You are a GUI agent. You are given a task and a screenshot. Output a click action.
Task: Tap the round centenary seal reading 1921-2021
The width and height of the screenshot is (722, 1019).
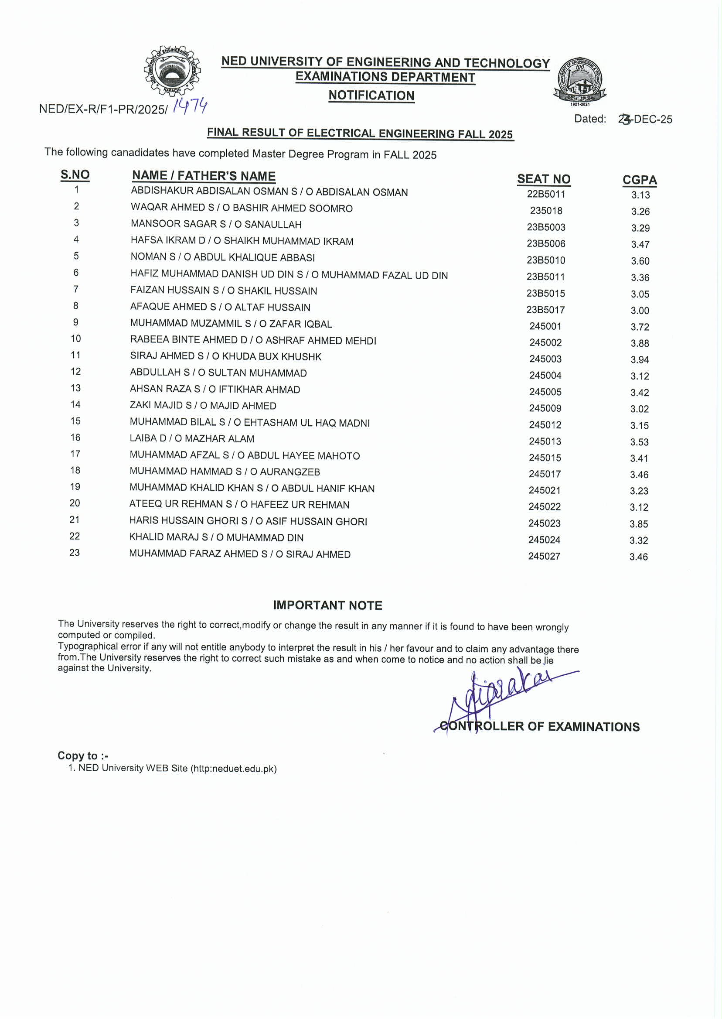pyautogui.click(x=580, y=81)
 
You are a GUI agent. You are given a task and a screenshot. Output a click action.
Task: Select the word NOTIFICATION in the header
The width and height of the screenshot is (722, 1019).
pyautogui.click(x=371, y=95)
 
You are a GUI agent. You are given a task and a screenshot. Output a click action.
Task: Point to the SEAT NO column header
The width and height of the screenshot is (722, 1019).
pyautogui.click(x=543, y=179)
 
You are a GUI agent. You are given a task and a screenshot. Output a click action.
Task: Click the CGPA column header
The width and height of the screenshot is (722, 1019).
pyautogui.click(x=639, y=180)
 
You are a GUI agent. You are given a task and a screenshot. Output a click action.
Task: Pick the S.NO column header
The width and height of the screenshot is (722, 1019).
pyautogui.click(x=75, y=174)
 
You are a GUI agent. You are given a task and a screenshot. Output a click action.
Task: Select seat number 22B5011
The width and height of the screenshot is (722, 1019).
pyautogui.click(x=546, y=194)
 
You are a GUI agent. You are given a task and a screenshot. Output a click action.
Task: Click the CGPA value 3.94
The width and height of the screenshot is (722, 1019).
pyautogui.click(x=640, y=359)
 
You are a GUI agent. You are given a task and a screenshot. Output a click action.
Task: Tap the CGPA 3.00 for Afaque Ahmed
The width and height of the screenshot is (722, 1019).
pyautogui.click(x=640, y=311)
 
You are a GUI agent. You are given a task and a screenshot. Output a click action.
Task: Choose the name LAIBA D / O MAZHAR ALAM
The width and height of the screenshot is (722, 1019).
pyautogui.click(x=192, y=438)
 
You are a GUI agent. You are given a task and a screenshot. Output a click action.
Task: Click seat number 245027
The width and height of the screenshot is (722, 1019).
pyautogui.click(x=544, y=556)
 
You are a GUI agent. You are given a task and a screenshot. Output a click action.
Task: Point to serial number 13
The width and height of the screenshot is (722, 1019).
pyautogui.click(x=75, y=388)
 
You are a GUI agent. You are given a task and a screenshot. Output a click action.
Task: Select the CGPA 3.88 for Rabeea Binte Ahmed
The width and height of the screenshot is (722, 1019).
pyautogui.click(x=640, y=343)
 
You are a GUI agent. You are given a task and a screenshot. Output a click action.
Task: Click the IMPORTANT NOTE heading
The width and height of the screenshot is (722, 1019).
pyautogui.click(x=327, y=605)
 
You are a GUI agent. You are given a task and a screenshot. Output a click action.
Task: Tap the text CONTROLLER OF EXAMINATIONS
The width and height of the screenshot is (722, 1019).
pyautogui.click(x=539, y=726)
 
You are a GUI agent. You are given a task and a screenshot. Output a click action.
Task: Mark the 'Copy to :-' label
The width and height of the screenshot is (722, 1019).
pyautogui.click(x=83, y=756)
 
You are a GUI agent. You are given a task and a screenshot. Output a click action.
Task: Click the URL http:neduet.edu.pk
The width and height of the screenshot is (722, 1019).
pyautogui.click(x=234, y=769)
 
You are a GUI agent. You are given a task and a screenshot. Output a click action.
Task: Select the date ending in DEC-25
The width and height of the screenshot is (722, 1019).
pyautogui.click(x=645, y=119)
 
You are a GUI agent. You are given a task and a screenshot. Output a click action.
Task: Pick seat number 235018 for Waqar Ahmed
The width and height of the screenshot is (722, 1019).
pyautogui.click(x=546, y=210)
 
